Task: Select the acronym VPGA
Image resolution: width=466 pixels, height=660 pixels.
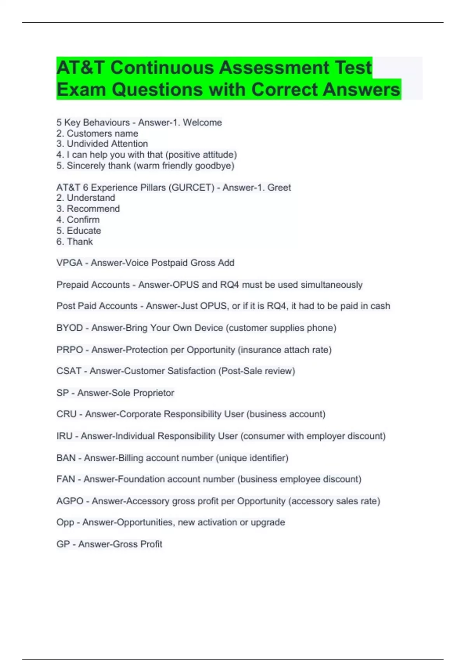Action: point(70,263)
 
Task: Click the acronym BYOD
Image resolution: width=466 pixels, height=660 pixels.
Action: point(70,328)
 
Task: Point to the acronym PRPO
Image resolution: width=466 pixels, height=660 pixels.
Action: point(70,350)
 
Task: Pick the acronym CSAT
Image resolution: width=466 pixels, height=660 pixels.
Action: point(69,371)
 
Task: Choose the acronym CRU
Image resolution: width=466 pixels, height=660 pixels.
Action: point(66,414)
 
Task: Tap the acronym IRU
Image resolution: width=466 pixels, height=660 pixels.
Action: point(64,436)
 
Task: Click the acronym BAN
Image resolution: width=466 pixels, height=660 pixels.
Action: point(66,458)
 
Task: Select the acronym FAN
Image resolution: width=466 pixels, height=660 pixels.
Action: point(66,479)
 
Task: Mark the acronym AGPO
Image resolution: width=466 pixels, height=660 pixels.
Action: point(70,501)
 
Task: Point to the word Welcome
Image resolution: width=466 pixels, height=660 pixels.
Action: point(202,122)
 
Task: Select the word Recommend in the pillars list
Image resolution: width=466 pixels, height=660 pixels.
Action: point(93,209)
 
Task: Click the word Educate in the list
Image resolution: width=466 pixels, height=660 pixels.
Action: point(84,231)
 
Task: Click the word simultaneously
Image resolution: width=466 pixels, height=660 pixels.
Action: point(331,285)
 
